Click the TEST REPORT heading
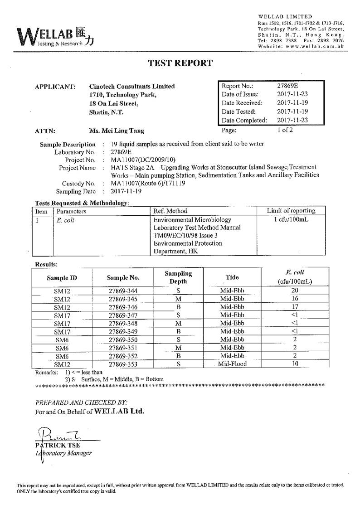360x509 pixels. [x=180, y=63]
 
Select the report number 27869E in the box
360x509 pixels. [x=287, y=86]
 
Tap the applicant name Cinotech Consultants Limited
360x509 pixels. [x=131, y=86]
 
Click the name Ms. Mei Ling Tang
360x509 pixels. [x=117, y=131]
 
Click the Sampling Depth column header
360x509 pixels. [x=178, y=277]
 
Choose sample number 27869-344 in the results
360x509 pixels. [x=123, y=291]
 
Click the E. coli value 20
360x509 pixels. [x=295, y=291]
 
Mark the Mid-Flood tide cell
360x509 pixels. [x=232, y=364]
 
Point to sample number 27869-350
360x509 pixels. [x=123, y=339]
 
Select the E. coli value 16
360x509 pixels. [x=295, y=299]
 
